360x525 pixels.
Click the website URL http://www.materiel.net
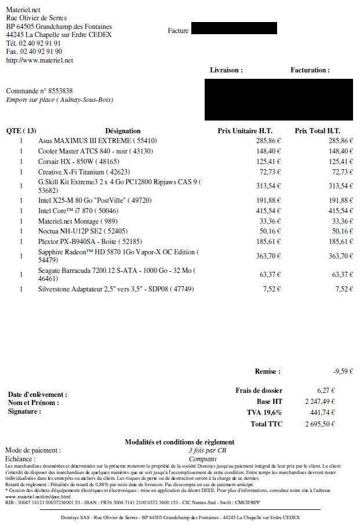pos(39,60)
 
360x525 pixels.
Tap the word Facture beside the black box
pos(178,31)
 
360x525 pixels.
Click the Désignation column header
pos(123,131)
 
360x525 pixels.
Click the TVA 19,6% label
pos(265,413)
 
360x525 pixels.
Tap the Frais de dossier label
pos(258,391)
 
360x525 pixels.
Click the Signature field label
pos(24,411)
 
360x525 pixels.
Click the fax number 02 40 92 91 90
pos(42,52)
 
